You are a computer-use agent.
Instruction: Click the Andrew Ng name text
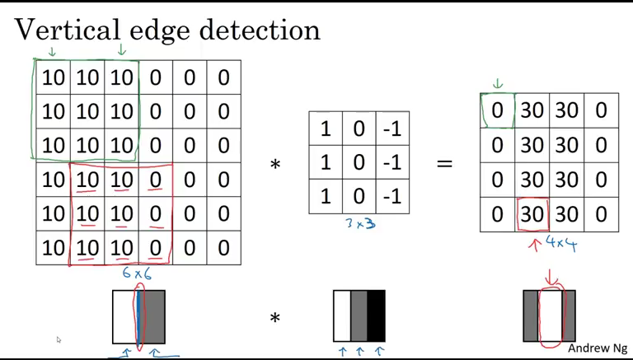point(598,348)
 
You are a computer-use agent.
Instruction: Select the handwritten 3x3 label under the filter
point(359,222)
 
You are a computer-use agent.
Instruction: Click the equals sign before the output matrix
point(444,164)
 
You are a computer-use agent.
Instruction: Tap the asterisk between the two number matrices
point(275,165)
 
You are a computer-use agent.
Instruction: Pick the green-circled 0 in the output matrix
point(497,110)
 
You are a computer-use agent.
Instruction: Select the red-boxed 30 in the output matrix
point(532,214)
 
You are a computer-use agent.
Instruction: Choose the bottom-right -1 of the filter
point(392,196)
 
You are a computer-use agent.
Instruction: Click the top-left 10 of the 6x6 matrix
point(53,78)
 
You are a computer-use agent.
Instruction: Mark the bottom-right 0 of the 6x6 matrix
point(223,247)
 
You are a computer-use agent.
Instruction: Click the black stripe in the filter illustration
point(376,316)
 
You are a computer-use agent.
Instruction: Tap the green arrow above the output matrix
point(497,84)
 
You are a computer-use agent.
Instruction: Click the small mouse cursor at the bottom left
point(59,339)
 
